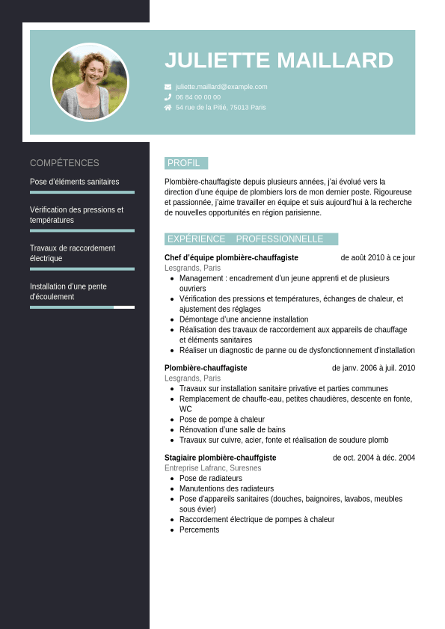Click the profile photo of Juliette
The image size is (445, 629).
point(90,82)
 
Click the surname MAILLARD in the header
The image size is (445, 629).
point(334,61)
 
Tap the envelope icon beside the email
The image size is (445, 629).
point(168,87)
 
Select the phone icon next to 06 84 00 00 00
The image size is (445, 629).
point(168,97)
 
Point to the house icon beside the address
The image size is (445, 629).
point(168,108)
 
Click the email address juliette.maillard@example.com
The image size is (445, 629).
point(221,87)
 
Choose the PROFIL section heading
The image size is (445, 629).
point(184,163)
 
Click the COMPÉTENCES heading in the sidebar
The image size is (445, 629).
point(64,163)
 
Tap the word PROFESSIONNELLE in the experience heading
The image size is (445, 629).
point(280,239)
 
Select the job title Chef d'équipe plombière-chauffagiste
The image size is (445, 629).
point(231,258)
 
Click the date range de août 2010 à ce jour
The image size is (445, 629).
point(378,258)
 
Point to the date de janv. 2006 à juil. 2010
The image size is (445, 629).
point(373,368)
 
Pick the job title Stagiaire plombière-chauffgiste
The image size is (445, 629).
point(220,458)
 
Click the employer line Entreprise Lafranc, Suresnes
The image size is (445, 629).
point(213,468)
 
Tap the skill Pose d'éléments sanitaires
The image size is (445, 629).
point(74,182)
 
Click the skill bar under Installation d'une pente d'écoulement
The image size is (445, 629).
point(82,307)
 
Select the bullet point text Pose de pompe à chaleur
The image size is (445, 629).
point(222,420)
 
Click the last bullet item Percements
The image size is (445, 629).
point(200,530)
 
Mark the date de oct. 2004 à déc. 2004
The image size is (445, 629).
point(374,458)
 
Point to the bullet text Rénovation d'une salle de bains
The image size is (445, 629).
point(233,430)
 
